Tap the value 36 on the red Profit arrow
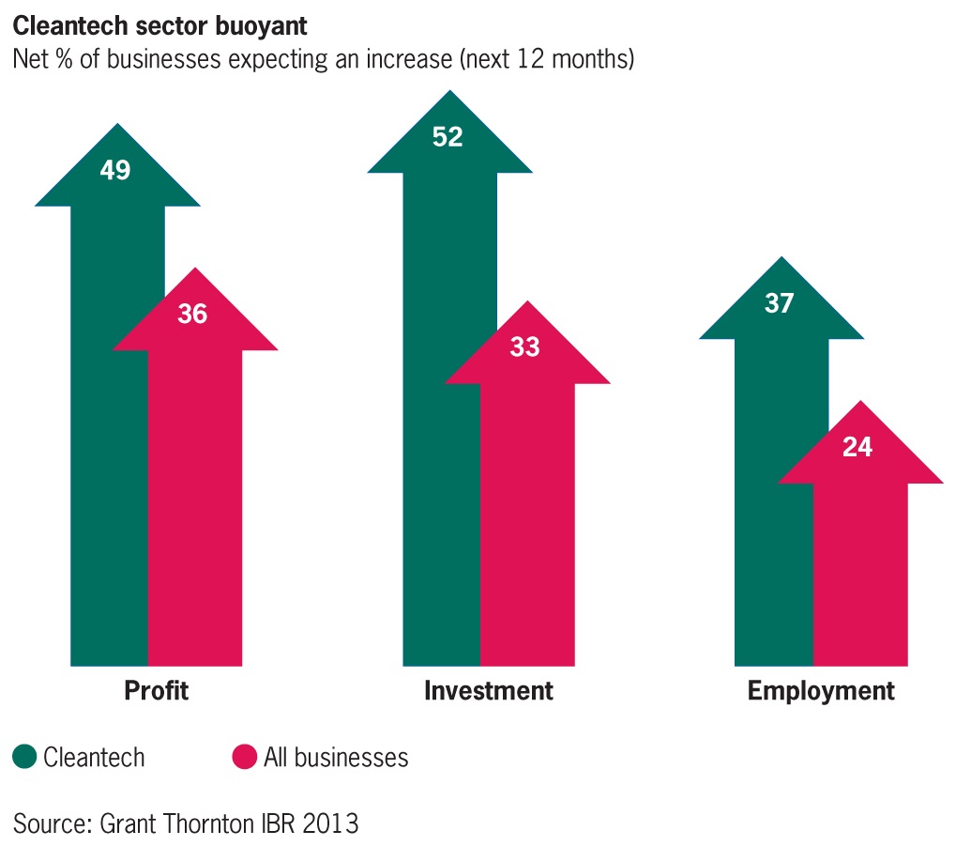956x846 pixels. pyautogui.click(x=192, y=314)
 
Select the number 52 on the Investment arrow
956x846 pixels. pyautogui.click(x=448, y=137)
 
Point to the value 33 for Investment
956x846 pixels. pyautogui.click(x=524, y=346)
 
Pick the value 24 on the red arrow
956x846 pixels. pyautogui.click(x=857, y=447)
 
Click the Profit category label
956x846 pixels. pyautogui.click(x=156, y=692)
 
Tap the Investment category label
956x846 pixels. pyautogui.click(x=489, y=692)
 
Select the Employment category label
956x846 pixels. pyautogui.click(x=821, y=692)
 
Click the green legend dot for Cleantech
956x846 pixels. pyautogui.click(x=24, y=757)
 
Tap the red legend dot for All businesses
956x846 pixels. pyautogui.click(x=244, y=757)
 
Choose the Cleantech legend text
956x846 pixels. pyautogui.click(x=94, y=757)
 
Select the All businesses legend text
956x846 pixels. pyautogui.click(x=336, y=757)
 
